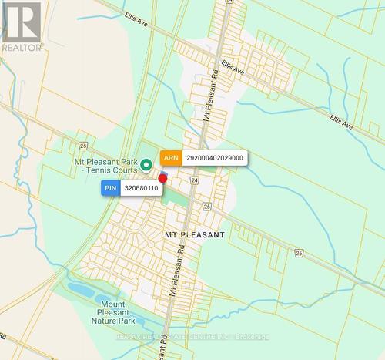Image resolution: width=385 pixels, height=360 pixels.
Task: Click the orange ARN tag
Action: click(170, 157)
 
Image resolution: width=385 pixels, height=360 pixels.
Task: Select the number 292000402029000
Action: click(215, 157)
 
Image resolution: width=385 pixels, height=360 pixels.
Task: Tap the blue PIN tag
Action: click(110, 187)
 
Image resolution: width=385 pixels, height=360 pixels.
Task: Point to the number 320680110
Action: click(140, 187)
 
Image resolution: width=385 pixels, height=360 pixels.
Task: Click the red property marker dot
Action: click(162, 178)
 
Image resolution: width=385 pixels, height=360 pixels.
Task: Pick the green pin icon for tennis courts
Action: click(146, 164)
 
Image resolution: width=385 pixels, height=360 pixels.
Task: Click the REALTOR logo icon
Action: click(21, 22)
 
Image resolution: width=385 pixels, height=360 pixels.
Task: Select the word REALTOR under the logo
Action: click(22, 47)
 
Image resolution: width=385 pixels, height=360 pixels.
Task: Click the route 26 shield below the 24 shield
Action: click(206, 206)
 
